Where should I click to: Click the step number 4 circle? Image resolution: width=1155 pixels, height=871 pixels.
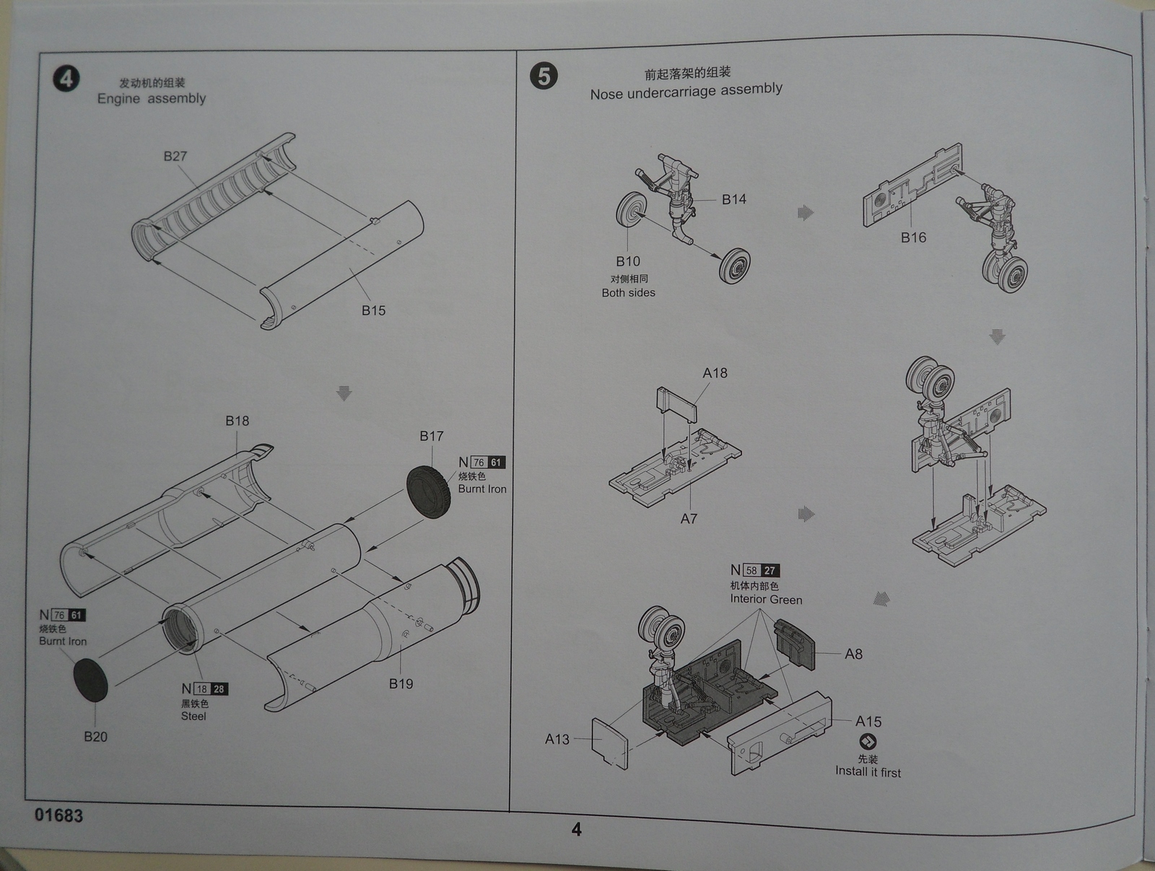(x=66, y=78)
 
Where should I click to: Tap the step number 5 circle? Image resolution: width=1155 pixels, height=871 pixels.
(x=544, y=76)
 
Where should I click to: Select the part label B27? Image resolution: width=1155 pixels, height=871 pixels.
(x=175, y=156)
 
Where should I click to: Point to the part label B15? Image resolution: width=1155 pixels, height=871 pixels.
(x=373, y=310)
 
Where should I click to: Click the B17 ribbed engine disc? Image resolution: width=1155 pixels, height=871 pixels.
(x=429, y=491)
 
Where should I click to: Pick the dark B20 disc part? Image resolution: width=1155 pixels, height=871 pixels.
(x=91, y=679)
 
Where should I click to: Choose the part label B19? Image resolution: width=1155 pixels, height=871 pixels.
(x=401, y=683)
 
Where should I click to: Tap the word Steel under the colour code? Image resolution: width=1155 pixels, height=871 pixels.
(x=193, y=716)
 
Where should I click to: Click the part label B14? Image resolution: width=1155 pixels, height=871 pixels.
(x=733, y=199)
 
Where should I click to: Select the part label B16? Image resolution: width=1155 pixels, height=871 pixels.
(x=913, y=237)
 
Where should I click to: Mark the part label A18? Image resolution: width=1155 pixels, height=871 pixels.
(x=715, y=373)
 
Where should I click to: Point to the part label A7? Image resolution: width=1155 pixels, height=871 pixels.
(x=689, y=518)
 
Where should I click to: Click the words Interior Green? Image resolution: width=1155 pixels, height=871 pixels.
(x=766, y=599)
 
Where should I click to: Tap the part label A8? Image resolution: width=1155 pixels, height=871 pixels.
(x=853, y=654)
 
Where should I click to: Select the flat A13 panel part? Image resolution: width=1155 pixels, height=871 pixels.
(x=609, y=743)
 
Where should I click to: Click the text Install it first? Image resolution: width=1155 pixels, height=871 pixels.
(x=868, y=771)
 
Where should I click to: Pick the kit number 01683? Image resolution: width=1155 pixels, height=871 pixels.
(x=58, y=815)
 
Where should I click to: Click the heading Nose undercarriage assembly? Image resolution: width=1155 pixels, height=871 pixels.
(x=686, y=91)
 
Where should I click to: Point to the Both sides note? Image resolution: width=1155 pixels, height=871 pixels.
(x=629, y=292)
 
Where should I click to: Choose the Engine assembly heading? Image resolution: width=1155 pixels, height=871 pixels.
(x=152, y=98)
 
